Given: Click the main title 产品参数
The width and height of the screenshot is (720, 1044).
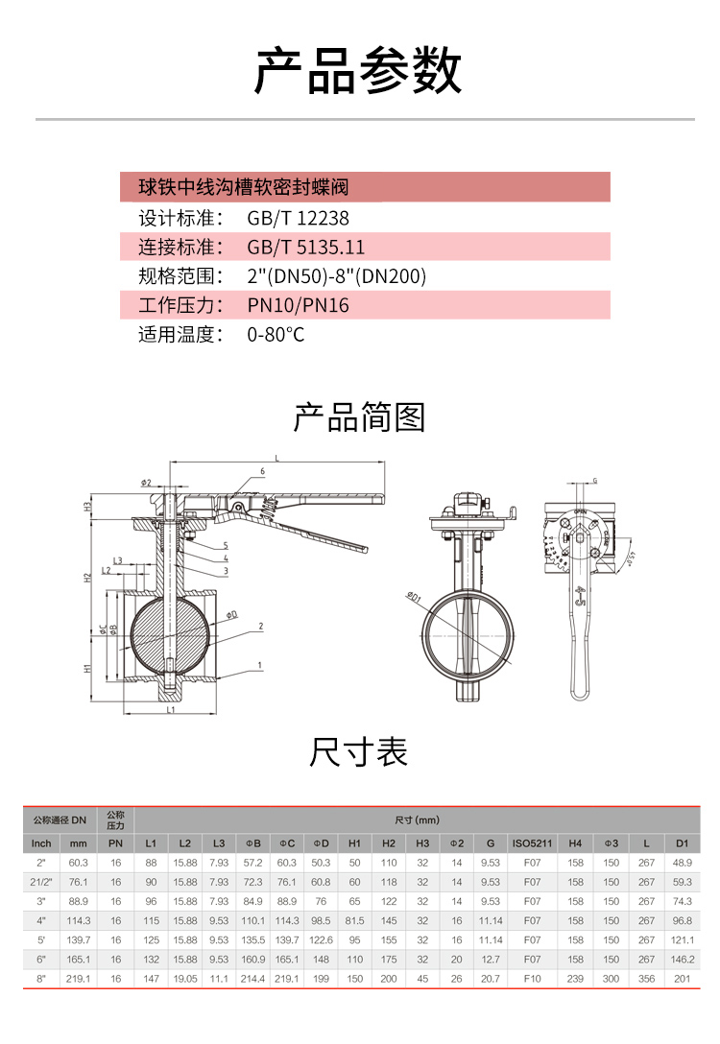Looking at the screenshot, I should tap(359, 69).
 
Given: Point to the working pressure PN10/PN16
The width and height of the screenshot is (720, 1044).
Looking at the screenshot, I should tap(298, 306).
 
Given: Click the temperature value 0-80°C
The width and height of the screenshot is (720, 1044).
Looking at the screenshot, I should tap(276, 336).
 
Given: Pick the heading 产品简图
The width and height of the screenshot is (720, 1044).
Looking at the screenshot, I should tap(359, 418).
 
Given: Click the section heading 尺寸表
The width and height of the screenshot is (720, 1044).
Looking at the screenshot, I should tap(359, 751).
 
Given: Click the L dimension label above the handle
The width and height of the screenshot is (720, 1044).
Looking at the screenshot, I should tap(276, 460).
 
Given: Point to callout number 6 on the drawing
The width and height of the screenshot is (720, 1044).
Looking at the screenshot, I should tap(261, 471).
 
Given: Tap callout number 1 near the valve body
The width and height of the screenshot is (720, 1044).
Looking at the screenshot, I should tap(259, 664).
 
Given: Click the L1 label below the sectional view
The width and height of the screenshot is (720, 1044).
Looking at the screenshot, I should tap(170, 711).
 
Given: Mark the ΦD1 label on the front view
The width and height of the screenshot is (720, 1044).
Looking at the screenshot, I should tap(414, 600).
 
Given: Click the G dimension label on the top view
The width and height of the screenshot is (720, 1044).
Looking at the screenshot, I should tap(595, 479).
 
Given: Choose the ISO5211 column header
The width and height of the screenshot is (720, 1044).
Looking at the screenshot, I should tap(531, 843).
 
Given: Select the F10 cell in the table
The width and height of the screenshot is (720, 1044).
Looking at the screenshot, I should tap(531, 977).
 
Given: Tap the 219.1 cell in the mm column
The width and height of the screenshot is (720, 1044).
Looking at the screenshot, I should tap(79, 977).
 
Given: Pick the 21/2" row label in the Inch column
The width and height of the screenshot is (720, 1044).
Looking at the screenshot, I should tap(41, 882).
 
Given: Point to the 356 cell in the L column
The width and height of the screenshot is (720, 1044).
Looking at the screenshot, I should tap(646, 977).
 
